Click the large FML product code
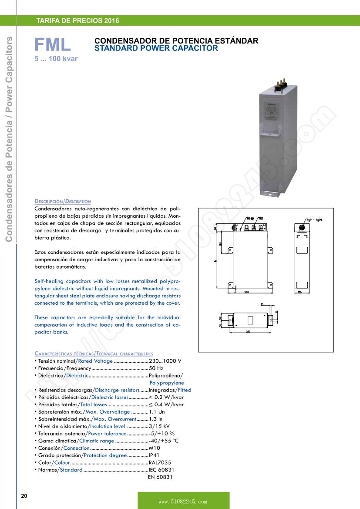pos(53,45)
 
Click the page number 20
pos(24,496)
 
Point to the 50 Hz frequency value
pos(156,368)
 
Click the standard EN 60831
pos(161,477)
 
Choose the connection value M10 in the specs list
pos(155,448)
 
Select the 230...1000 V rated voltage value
pos(165,361)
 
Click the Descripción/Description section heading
pos(63,202)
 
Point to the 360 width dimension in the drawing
pos(246,291)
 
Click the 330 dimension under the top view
pos(248,331)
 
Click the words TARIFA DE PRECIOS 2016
pos(77,20)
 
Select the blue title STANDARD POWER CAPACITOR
pos(156,48)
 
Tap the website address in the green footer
pos(183,502)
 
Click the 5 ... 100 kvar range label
pos(56,58)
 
